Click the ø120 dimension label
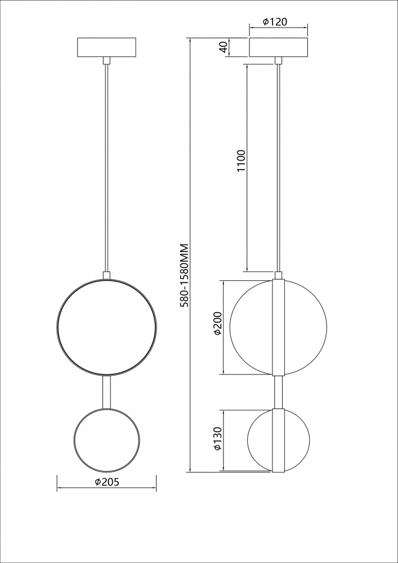pyautogui.click(x=275, y=22)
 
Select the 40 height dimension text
pyautogui.click(x=223, y=47)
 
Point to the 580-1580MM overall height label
pyautogui.click(x=185, y=275)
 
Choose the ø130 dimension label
pyautogui.click(x=218, y=439)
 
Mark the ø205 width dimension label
pyautogui.click(x=106, y=482)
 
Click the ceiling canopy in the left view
pyautogui.click(x=106, y=47)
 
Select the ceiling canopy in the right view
pyautogui.click(x=279, y=47)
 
